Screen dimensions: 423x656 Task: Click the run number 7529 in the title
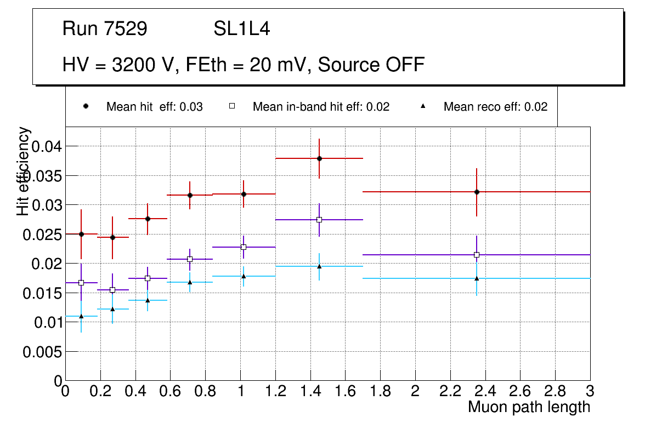click(x=126, y=29)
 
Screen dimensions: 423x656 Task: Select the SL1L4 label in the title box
click(x=241, y=29)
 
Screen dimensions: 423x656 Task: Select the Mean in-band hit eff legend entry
click(x=321, y=107)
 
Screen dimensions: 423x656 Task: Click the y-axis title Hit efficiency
click(x=24, y=171)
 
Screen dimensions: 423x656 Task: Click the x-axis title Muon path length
click(x=529, y=407)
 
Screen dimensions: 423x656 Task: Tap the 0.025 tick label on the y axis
click(x=41, y=235)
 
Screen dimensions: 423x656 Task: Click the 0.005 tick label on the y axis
click(x=41, y=352)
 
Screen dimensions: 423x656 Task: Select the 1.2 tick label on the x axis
click(x=275, y=391)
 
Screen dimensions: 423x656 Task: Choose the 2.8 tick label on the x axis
click(x=555, y=391)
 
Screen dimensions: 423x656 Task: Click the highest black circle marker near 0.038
click(x=319, y=158)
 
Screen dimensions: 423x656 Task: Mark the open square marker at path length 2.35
click(x=477, y=255)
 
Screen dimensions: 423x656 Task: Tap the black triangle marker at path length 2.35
click(x=477, y=278)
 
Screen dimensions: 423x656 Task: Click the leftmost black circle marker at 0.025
click(x=81, y=234)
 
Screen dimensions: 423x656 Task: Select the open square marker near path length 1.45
click(x=319, y=220)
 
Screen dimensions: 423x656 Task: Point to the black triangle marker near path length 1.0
click(x=244, y=276)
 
